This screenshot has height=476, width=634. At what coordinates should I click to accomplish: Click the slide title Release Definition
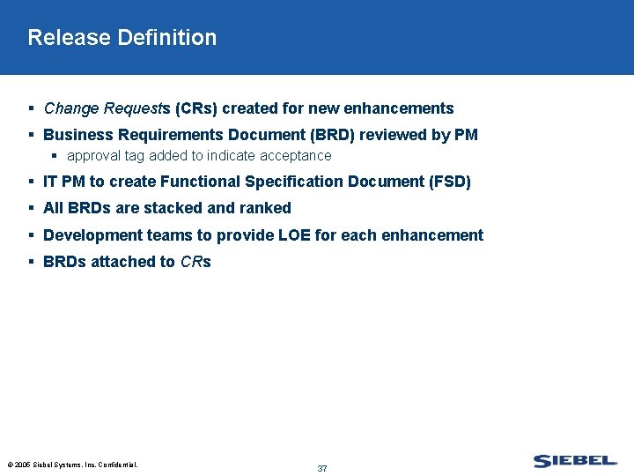click(x=122, y=38)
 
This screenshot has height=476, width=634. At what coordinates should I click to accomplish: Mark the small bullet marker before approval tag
click(x=55, y=156)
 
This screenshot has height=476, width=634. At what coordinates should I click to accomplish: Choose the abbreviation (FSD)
click(x=449, y=182)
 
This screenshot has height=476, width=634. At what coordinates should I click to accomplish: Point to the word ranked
click(x=265, y=208)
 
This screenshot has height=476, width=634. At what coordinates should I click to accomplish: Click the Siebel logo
click(x=574, y=460)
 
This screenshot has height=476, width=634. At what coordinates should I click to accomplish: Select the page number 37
click(x=322, y=468)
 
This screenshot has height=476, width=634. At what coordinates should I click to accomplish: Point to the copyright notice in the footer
click(x=72, y=464)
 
